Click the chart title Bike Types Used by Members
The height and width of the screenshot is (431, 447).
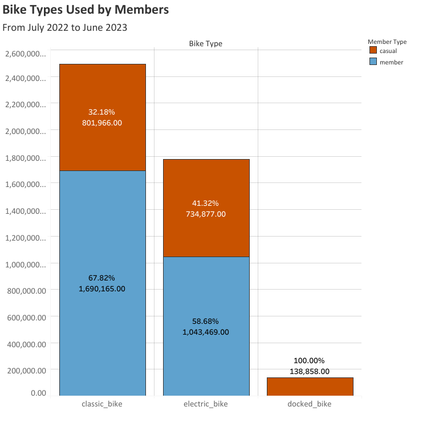pos(86,10)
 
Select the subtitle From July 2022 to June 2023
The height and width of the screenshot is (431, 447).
pos(64,27)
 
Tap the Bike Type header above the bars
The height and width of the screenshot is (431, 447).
pos(206,43)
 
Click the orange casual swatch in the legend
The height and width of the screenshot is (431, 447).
pos(373,51)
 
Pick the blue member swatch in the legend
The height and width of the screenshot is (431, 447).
pos(373,62)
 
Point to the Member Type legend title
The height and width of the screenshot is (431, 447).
pos(387,42)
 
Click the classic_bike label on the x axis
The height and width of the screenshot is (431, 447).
pos(102,404)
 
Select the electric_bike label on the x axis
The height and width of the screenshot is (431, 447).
pos(206,404)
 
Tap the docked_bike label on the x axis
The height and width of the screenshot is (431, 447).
pos(310,404)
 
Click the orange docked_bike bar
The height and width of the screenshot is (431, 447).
pos(310,387)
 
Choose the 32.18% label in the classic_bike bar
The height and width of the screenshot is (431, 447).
pos(101,112)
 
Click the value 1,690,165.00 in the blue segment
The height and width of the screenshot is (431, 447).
pos(101,289)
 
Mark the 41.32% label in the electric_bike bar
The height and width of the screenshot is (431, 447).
pos(205,203)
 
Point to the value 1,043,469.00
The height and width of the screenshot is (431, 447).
pos(205,332)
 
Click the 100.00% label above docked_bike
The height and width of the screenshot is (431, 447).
pos(309,360)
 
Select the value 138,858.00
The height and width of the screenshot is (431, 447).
pos(309,371)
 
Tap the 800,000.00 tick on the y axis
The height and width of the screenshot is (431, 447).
pos(25,290)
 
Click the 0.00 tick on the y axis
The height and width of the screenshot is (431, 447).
pos(38,393)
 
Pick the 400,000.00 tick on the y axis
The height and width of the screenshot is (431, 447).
pos(25,344)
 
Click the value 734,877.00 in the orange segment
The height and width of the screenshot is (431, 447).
pos(205,214)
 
